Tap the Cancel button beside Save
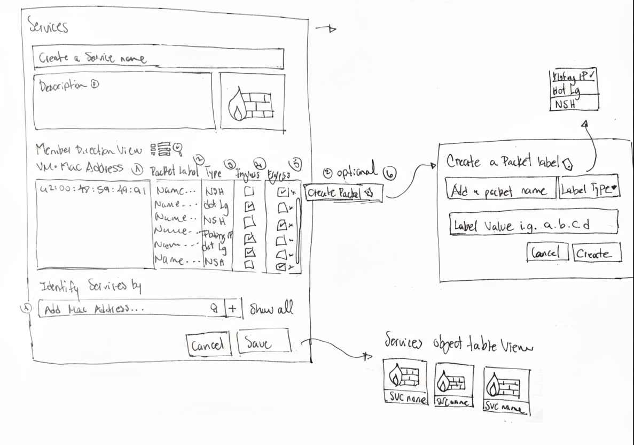(208, 345)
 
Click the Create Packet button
(342, 193)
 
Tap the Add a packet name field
(500, 188)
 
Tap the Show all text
(270, 309)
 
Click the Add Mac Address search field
(131, 309)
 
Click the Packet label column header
(175, 172)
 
